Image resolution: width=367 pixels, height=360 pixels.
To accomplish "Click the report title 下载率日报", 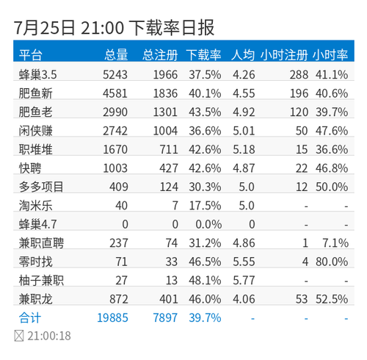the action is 172,27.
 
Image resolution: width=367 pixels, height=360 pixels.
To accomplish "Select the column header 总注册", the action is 160,54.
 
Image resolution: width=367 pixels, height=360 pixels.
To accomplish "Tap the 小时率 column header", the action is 330,54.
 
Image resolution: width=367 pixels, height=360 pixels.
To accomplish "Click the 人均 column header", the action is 243,54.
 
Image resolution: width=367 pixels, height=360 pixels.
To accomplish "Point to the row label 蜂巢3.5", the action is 38,74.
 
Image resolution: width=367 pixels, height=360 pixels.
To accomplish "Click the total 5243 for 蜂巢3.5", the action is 115,75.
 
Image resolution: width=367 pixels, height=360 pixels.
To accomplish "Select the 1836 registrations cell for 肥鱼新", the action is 165,93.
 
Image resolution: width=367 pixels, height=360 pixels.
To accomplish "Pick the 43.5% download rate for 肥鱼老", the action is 205,112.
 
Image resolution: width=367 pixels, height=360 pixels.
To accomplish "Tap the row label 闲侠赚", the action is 36,131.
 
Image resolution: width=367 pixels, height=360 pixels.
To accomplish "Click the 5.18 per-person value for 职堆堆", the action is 244,149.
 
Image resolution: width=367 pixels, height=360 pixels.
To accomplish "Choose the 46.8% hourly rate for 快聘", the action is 332,168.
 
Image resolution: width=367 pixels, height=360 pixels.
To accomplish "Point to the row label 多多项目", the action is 41,187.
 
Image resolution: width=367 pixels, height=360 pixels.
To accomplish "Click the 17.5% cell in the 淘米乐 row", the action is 205,206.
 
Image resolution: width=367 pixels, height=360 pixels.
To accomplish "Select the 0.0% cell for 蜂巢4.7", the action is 208,224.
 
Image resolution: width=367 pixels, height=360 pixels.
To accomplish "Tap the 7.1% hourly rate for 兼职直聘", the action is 335,243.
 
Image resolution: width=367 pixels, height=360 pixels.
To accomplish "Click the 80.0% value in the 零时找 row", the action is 332,262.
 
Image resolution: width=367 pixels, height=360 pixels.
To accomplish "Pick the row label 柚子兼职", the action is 41,280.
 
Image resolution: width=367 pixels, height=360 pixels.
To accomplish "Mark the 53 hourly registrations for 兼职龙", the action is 302,299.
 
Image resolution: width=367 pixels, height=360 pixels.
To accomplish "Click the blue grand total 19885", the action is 112,317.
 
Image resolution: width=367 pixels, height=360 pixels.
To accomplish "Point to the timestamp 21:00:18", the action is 49,336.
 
